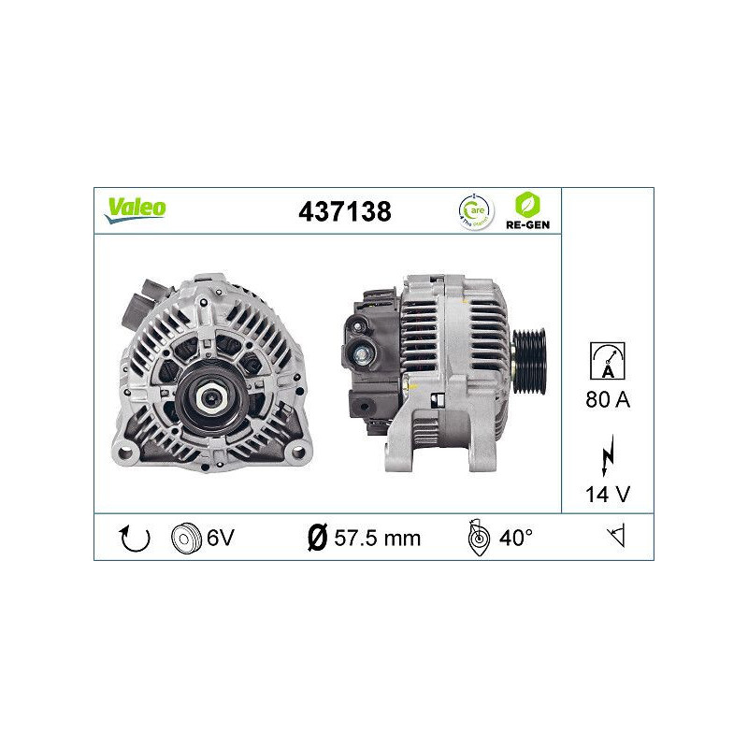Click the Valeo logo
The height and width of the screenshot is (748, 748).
135,209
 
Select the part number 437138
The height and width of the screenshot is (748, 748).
344,211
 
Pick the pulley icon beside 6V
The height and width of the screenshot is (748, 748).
187,538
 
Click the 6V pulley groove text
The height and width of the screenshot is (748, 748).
220,538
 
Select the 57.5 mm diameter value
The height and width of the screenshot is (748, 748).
378,538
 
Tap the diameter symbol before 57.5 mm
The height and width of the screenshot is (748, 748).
317,538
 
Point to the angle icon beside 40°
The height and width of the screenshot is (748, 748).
477,538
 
